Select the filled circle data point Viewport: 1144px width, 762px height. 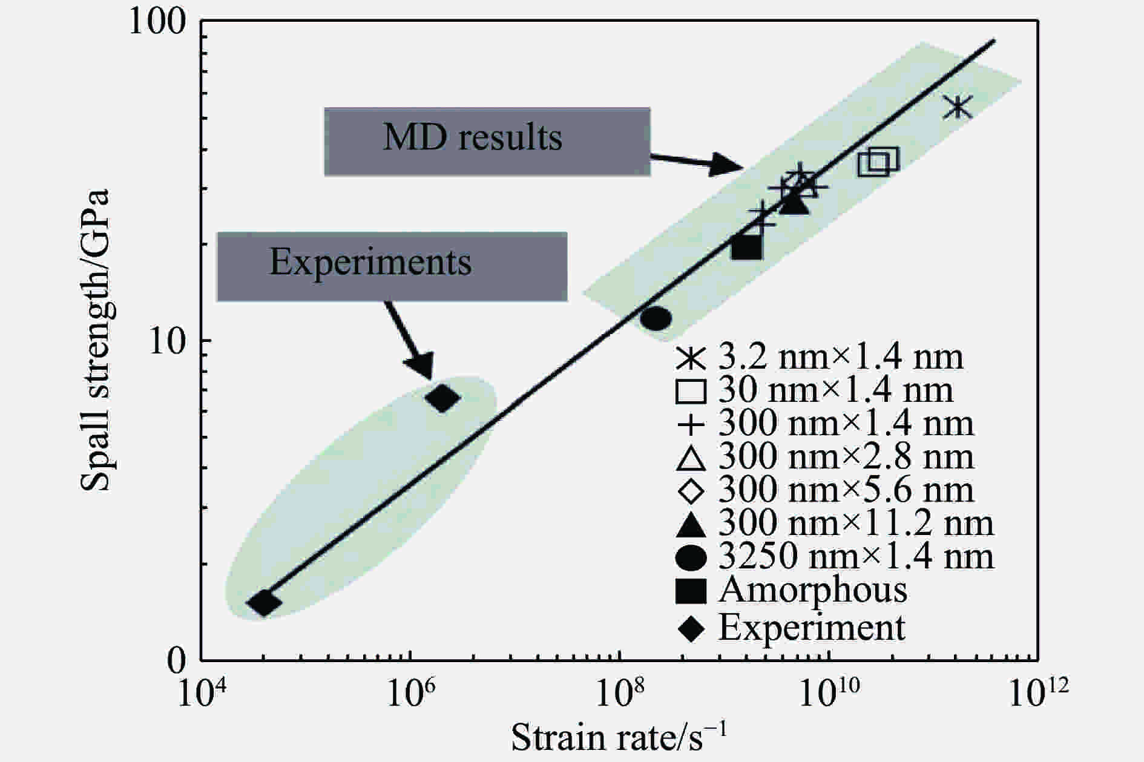(656, 318)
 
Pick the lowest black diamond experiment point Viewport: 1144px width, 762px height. (264, 602)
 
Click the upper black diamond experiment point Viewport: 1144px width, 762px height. (443, 398)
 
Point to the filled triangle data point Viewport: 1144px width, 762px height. (794, 204)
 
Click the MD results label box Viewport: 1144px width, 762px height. (487, 141)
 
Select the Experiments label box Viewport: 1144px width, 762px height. (392, 266)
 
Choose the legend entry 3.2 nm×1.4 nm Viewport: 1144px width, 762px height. (820, 358)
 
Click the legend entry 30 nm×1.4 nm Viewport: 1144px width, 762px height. (815, 392)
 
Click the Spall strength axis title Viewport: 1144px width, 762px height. (96, 339)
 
